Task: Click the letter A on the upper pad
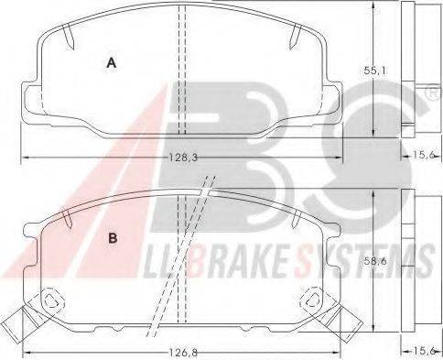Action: [112, 63]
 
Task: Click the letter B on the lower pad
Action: [113, 238]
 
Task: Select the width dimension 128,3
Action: [183, 158]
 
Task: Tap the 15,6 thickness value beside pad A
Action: [424, 155]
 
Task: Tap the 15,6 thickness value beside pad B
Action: [424, 351]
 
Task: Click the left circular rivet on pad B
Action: [51, 300]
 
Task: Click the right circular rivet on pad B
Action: [313, 300]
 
